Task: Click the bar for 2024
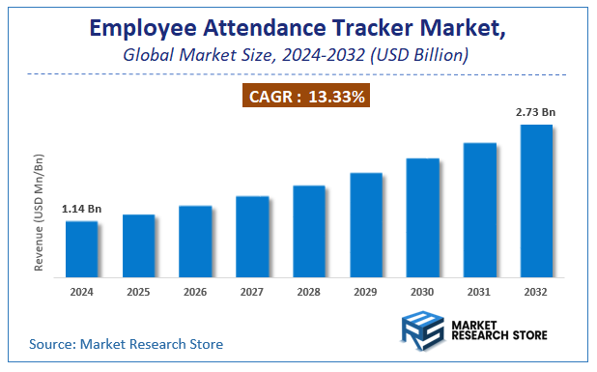pyautogui.click(x=81, y=248)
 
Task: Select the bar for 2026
pyautogui.click(x=195, y=241)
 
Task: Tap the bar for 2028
pyautogui.click(x=309, y=230)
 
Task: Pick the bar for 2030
pyautogui.click(x=422, y=216)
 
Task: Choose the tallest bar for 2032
pyautogui.click(x=536, y=200)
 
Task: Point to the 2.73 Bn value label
pyautogui.click(x=536, y=113)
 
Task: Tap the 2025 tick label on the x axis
pyautogui.click(x=138, y=291)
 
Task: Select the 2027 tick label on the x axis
pyautogui.click(x=252, y=291)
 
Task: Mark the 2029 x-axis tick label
pyautogui.click(x=365, y=291)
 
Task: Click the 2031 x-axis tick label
pyautogui.click(x=479, y=291)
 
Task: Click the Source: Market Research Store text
pyautogui.click(x=127, y=343)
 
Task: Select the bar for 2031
pyautogui.click(x=479, y=210)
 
